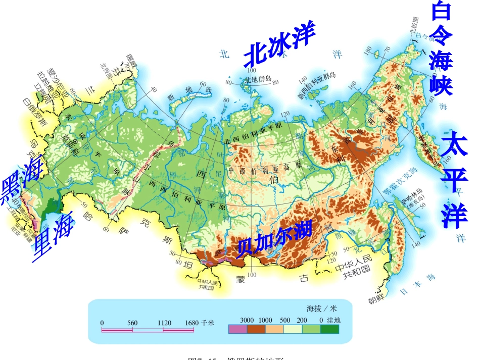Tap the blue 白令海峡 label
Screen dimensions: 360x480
441,48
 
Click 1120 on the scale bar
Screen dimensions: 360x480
164,322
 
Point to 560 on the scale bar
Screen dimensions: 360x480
133,322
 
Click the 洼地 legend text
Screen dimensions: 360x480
333,320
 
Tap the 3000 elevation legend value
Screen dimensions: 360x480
246,320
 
